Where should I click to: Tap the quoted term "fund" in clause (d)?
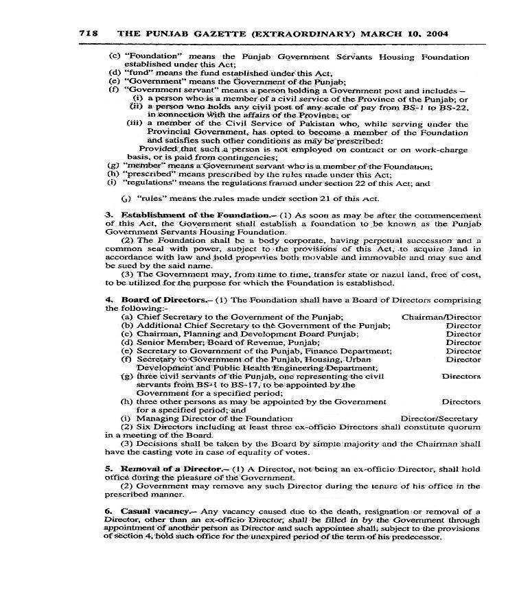pyautogui.click(x=137, y=72)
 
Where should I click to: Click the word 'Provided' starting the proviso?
pyautogui.click(x=157, y=148)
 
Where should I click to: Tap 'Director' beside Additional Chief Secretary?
pyautogui.click(x=463, y=326)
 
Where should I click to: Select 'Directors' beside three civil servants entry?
pyautogui.click(x=461, y=376)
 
